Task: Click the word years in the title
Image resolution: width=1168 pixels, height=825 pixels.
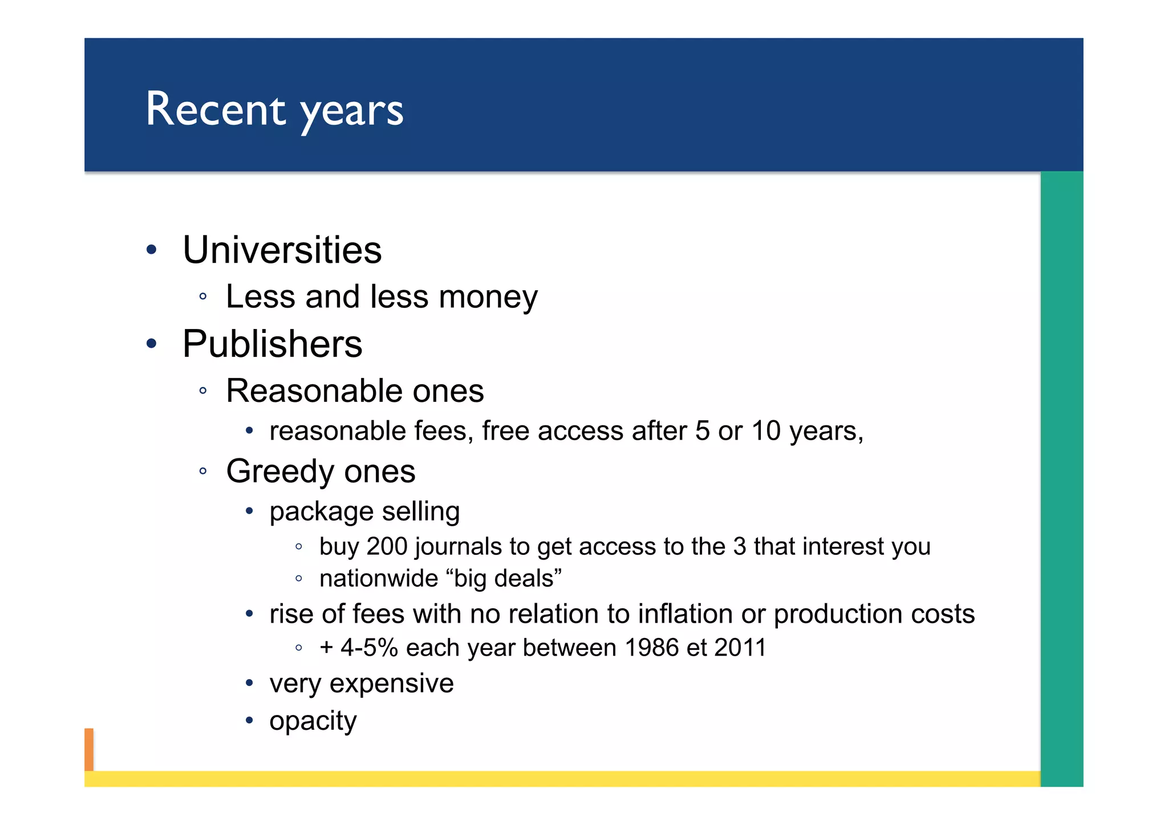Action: (x=352, y=111)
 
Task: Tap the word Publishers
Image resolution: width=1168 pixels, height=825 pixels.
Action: (x=272, y=344)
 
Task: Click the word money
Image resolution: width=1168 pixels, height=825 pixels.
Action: (x=488, y=297)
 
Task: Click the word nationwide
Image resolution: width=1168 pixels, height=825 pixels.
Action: (x=378, y=579)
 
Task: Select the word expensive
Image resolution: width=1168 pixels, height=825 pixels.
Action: (x=391, y=684)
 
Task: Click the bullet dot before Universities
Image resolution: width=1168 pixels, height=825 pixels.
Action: (x=151, y=250)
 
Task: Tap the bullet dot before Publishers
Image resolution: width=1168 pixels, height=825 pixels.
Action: (x=151, y=344)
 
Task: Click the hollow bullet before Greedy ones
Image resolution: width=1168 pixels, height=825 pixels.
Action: (x=202, y=472)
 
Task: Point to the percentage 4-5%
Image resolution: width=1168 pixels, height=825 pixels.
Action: (x=369, y=648)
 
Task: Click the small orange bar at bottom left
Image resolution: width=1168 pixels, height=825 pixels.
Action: (x=89, y=749)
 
